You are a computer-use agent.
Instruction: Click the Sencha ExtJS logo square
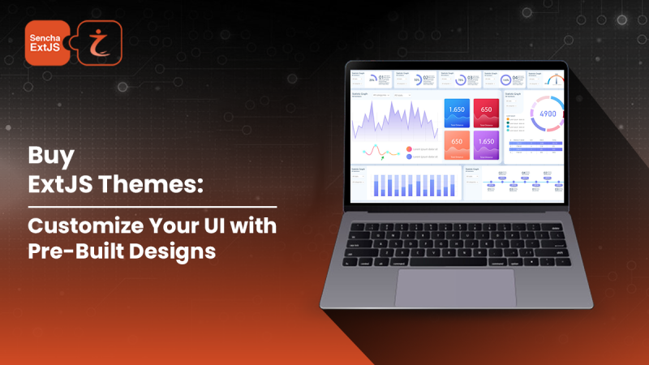point(47,42)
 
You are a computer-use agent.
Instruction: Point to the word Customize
point(81,224)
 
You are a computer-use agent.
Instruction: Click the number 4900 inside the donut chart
point(548,114)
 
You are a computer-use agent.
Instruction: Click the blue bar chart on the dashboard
point(406,186)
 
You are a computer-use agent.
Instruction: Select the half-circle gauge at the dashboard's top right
point(555,79)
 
